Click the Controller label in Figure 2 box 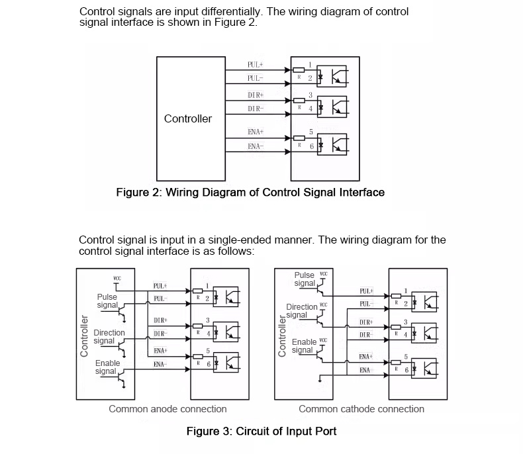(188, 119)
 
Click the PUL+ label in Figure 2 (256, 65)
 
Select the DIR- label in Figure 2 (256, 108)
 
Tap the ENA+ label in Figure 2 (256, 132)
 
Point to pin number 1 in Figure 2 (310, 64)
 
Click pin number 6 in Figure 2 (310, 146)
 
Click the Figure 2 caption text (250, 193)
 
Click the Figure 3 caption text (261, 431)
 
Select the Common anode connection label (167, 409)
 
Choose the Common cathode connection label (361, 409)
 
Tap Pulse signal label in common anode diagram (107, 301)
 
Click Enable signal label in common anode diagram (107, 367)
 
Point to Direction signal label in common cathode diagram (301, 311)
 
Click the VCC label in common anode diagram (117, 279)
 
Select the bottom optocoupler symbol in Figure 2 (331, 143)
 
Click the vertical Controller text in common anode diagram (84, 336)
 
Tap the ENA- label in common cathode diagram (365, 370)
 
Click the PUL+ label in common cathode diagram (365, 291)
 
